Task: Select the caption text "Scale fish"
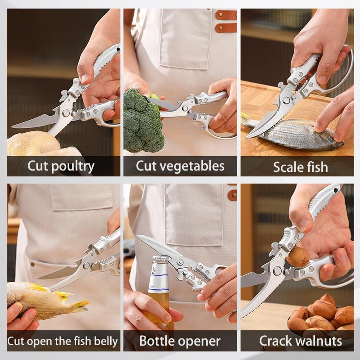click(x=300, y=167)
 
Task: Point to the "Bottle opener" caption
click(x=180, y=341)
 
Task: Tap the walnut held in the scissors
click(x=297, y=257)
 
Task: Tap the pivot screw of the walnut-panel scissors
click(x=277, y=270)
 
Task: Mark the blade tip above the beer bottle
click(x=139, y=237)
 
